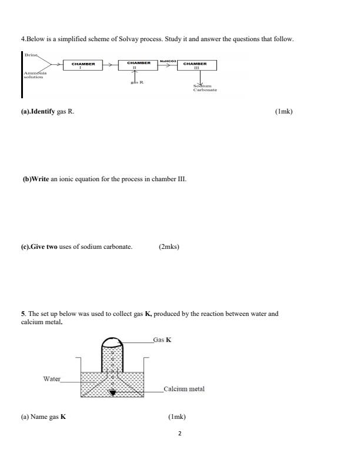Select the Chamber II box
pyautogui.click(x=135, y=65)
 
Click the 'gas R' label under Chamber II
pyautogui.click(x=136, y=82)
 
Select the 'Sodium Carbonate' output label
pyautogui.click(x=205, y=88)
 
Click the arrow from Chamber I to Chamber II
pyautogui.click(x=110, y=65)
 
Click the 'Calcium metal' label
pyautogui.click(x=184, y=389)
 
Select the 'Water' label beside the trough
pyautogui.click(x=52, y=379)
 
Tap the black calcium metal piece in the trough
pyautogui.click(x=113, y=392)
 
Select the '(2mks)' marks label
pyautogui.click(x=169, y=247)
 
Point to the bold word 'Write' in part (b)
pyautogui.click(x=36, y=179)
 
